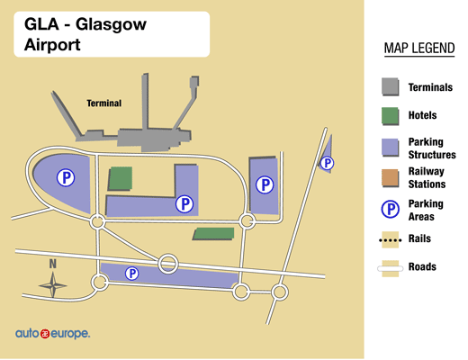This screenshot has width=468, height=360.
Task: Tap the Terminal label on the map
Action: coord(103,103)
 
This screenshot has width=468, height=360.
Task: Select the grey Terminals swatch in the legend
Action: coord(391,87)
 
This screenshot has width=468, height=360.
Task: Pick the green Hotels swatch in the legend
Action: coord(391,116)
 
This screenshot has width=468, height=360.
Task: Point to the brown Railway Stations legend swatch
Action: coord(391,177)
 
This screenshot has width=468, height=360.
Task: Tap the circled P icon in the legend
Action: coord(391,210)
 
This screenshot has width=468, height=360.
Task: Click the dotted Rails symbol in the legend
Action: coord(391,239)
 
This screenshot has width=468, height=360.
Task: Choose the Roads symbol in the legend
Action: coord(391,267)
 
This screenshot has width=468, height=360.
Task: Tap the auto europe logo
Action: coord(52,334)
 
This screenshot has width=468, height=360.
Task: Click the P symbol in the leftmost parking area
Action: coord(66,177)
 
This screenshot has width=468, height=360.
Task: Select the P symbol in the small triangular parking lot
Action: coord(328,163)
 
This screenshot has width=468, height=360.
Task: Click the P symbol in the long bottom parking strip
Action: coord(132,273)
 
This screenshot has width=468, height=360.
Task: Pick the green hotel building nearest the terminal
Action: coord(120,177)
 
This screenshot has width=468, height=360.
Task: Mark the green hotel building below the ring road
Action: coord(213,234)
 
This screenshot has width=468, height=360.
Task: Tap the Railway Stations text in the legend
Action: coord(426,177)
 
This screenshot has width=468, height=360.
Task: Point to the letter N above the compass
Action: coord(53,265)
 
